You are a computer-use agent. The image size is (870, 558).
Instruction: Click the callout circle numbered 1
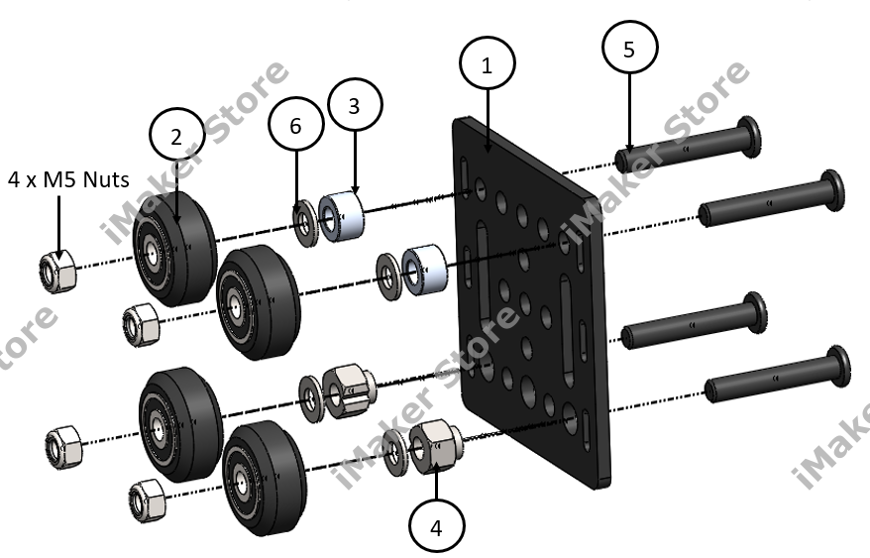486,66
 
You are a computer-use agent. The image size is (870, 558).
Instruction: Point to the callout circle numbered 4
436,526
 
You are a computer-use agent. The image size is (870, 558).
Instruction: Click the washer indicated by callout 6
303,214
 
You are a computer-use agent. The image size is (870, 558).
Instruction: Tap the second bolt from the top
768,198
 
